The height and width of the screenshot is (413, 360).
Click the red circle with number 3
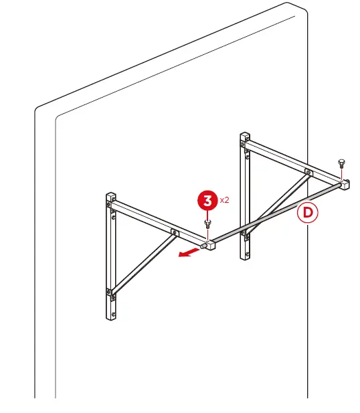coord(208,200)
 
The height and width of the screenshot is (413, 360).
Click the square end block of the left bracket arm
coord(209,245)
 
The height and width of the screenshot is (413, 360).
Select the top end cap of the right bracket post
coord(244,137)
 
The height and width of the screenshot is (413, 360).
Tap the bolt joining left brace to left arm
coord(173,232)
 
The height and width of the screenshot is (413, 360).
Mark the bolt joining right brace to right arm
coord(307,172)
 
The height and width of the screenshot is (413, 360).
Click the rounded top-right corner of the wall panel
coord(301,10)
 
